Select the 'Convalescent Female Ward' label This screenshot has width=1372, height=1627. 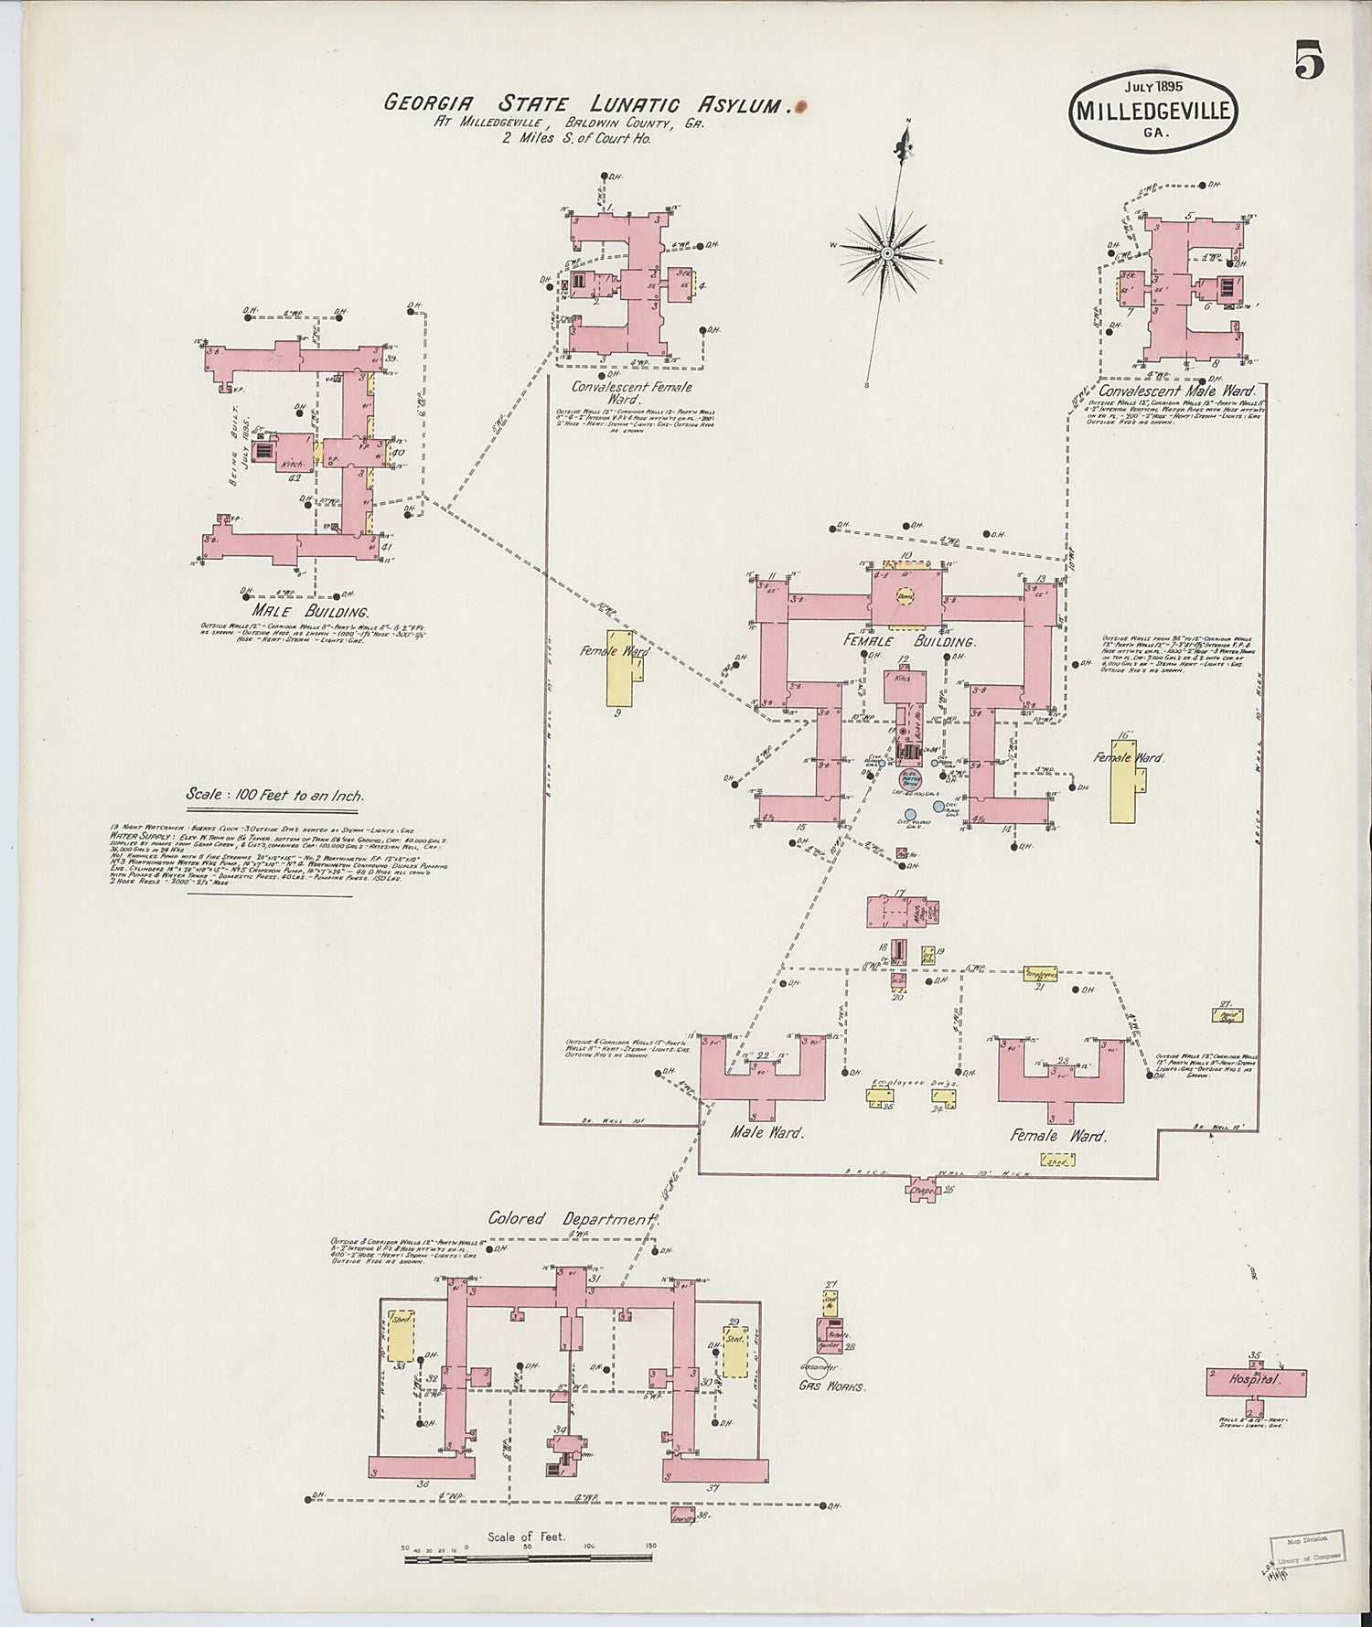pos(631,393)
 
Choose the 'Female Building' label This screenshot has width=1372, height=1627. pos(909,642)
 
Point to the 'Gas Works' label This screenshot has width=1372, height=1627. pos(831,1386)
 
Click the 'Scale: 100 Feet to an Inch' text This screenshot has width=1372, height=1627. pos(274,795)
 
